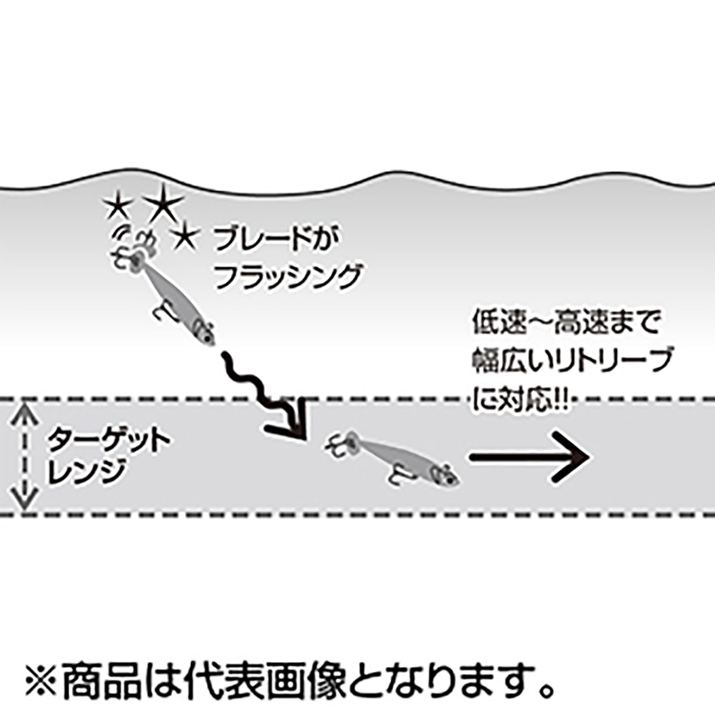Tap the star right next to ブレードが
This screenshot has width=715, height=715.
point(185,238)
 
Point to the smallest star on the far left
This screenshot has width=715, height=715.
point(117,209)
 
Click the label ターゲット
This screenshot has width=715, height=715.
point(108,441)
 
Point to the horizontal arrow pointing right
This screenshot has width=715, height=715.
point(530,457)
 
